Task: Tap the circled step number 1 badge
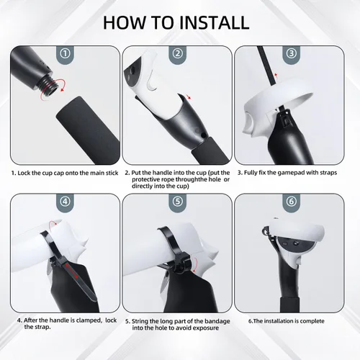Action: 65,53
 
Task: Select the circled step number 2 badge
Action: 178,53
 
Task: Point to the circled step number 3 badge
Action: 292,53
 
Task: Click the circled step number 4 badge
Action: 65,201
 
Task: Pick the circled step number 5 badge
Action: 178,201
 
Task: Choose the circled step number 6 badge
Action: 292,201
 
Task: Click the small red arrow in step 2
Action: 189,96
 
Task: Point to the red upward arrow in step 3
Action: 276,76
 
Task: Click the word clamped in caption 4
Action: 89,320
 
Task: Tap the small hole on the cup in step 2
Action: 204,135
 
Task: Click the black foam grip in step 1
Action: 89,130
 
